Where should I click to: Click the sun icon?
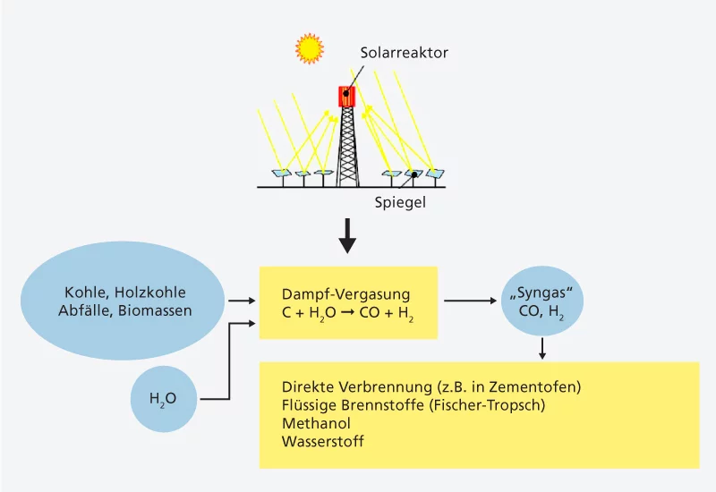[x=309, y=48]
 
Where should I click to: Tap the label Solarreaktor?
[x=404, y=54]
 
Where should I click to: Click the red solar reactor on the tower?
[x=346, y=96]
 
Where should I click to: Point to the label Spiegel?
[x=399, y=202]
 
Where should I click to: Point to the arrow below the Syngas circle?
[x=541, y=349]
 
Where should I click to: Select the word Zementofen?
[x=540, y=386]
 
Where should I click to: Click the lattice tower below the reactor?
[x=346, y=148]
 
